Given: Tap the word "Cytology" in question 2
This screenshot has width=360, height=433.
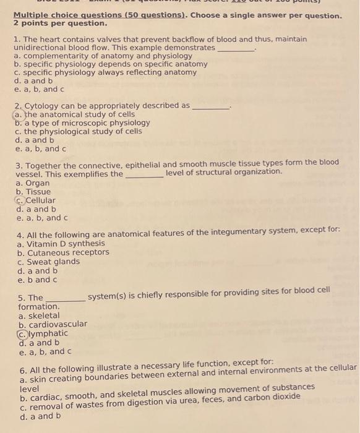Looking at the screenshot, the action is point(43,106).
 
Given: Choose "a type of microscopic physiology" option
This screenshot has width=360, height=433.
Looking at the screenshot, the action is point(86,122).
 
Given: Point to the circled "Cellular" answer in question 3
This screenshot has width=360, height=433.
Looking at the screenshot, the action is point(40,200).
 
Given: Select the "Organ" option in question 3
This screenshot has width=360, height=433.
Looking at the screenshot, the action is point(37,183).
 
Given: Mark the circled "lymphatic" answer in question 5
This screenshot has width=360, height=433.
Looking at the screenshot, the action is point(46,333).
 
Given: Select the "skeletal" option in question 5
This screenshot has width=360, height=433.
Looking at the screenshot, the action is point(43,315).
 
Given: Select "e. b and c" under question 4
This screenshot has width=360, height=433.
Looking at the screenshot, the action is point(38,279).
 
